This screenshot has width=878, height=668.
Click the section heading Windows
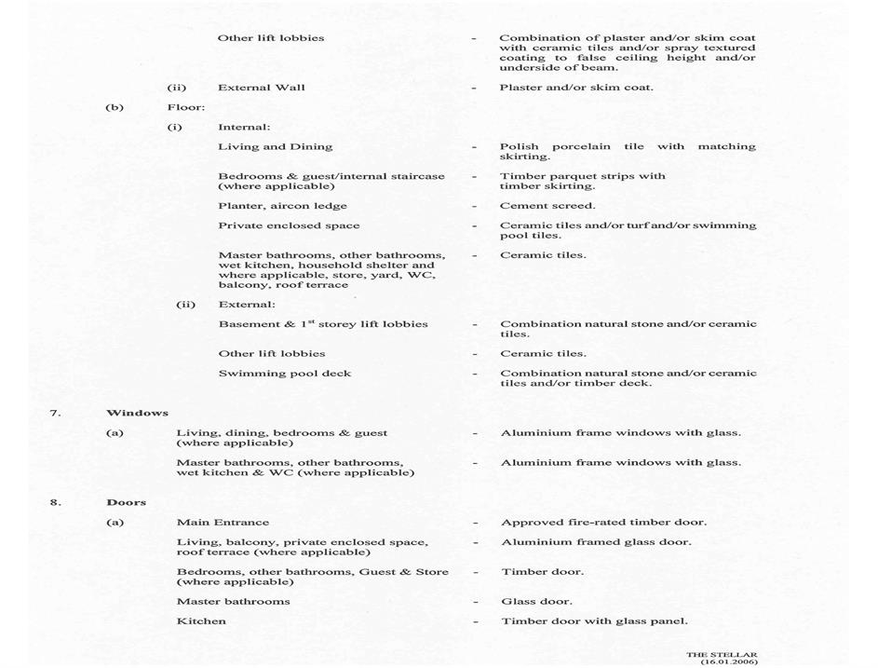coord(137,413)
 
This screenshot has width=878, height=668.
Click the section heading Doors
coord(127,502)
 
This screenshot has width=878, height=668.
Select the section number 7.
coord(55,413)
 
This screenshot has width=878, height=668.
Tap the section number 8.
coord(55,502)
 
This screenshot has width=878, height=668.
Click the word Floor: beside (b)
coord(186,107)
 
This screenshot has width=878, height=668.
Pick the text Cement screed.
coord(547,206)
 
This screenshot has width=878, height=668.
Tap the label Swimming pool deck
coord(272,374)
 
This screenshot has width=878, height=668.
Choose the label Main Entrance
coord(223,523)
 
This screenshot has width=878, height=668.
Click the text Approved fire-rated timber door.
coord(603,523)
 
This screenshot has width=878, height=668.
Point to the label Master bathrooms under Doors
coord(233,602)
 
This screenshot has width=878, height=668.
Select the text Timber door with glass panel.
coord(594,621)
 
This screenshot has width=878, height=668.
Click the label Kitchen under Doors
coord(201,621)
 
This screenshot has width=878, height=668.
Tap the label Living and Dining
coord(275,146)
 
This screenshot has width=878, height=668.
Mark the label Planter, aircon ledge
coord(282,206)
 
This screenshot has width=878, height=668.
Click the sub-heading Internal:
coord(244,127)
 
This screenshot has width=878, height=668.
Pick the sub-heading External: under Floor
coord(247,305)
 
